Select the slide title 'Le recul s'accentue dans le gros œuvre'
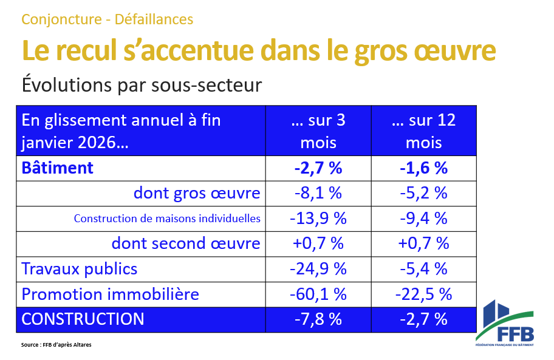click(x=258, y=51)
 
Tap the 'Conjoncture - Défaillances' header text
click(x=107, y=19)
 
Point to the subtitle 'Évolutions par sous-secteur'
click(x=142, y=84)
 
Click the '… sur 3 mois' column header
click(x=318, y=131)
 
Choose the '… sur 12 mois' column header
click(x=423, y=131)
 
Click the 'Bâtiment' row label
click(x=58, y=168)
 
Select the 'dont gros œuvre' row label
click(x=197, y=194)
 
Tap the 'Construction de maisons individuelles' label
click(x=167, y=219)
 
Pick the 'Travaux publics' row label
click(x=80, y=269)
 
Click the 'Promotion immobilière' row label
click(x=110, y=294)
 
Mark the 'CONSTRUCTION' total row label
click(x=83, y=319)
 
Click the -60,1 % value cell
click(x=318, y=294)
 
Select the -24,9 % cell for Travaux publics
click(x=318, y=269)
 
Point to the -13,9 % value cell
click(x=318, y=219)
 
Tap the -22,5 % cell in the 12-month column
click(x=423, y=294)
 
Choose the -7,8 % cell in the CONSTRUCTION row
click(x=318, y=319)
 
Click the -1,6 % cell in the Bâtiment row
click(x=423, y=168)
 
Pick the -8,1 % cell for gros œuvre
click(x=318, y=194)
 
